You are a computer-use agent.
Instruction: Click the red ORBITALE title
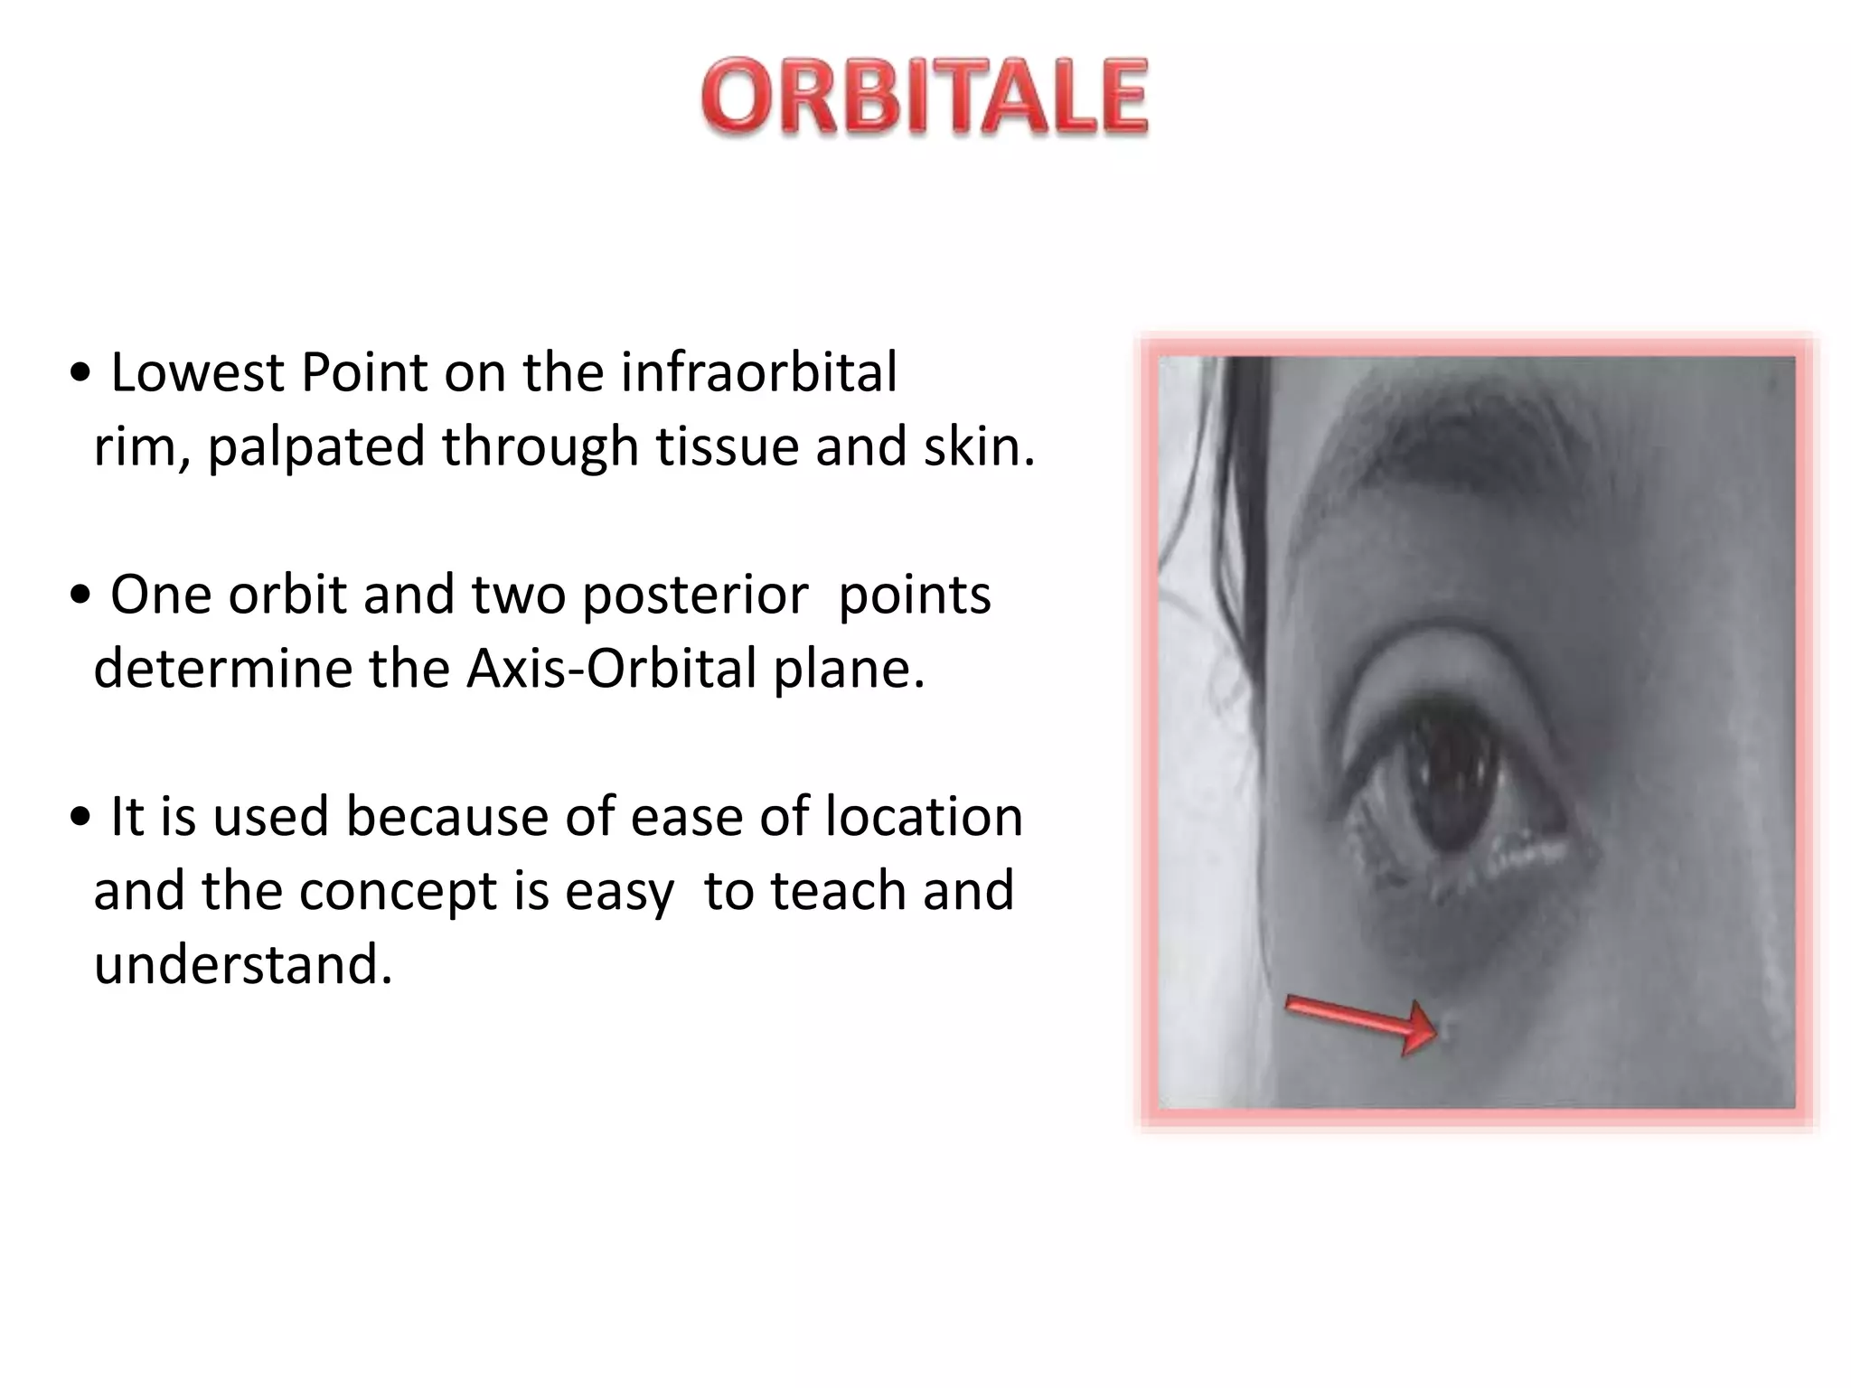(x=924, y=98)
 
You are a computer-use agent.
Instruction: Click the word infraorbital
(x=758, y=372)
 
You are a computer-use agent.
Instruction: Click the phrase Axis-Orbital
(x=612, y=670)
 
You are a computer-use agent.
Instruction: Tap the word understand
(x=242, y=965)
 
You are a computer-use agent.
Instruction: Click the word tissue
(x=727, y=446)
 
